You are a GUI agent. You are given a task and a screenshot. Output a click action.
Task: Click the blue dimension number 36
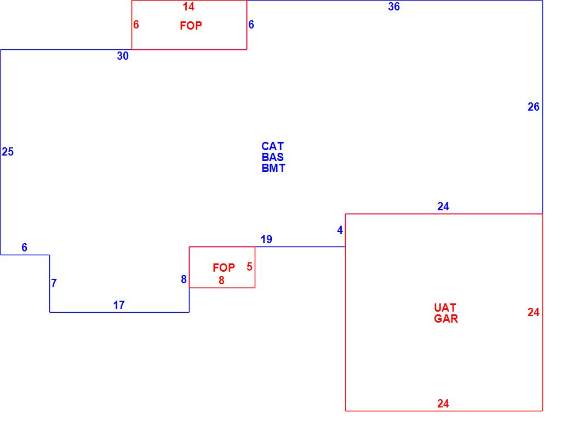pyautogui.click(x=394, y=7)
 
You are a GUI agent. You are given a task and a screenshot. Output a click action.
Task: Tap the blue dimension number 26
pyautogui.click(x=534, y=107)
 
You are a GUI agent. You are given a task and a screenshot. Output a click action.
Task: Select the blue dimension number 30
pyautogui.click(x=123, y=56)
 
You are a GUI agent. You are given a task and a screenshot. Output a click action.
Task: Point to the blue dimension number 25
pyautogui.click(x=8, y=152)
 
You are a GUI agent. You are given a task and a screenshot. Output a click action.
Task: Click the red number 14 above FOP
pyautogui.click(x=188, y=7)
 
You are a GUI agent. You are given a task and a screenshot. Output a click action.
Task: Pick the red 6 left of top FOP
pyautogui.click(x=136, y=25)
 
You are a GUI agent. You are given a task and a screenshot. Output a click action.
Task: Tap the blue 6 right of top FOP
pyautogui.click(x=251, y=25)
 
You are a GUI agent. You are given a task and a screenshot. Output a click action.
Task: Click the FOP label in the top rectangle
pyautogui.click(x=191, y=26)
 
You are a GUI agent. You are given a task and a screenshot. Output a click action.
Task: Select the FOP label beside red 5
pyautogui.click(x=224, y=268)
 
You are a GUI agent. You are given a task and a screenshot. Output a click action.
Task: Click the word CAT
pyautogui.click(x=272, y=146)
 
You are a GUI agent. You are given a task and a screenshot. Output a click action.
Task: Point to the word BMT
pyautogui.click(x=273, y=169)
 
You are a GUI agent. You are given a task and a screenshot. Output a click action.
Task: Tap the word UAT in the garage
pyautogui.click(x=445, y=308)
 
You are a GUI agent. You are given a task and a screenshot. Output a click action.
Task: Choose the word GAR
pyautogui.click(x=446, y=319)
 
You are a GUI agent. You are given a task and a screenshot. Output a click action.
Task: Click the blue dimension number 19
pyautogui.click(x=266, y=239)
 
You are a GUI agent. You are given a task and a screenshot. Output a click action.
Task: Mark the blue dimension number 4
pyautogui.click(x=340, y=231)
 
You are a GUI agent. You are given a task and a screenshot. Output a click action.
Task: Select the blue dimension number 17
pyautogui.click(x=119, y=306)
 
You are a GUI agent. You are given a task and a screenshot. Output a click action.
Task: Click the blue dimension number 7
pyautogui.click(x=54, y=284)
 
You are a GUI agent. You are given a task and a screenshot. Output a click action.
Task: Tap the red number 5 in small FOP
pyautogui.click(x=249, y=267)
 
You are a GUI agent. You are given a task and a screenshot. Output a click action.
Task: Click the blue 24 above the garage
pyautogui.click(x=443, y=206)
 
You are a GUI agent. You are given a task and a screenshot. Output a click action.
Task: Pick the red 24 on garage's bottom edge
pyautogui.click(x=443, y=404)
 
